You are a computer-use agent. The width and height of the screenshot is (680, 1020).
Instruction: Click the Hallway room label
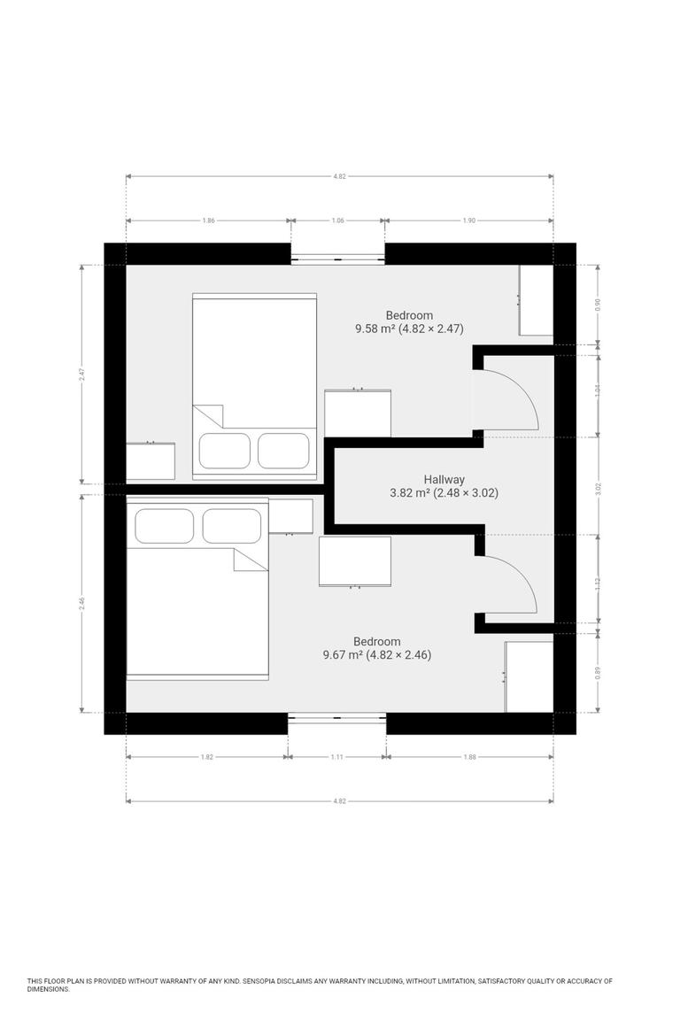tap(444, 479)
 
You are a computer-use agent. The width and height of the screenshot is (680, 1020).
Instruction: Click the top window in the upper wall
tap(337, 259)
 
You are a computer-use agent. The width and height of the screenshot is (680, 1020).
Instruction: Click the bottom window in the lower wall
tap(337, 717)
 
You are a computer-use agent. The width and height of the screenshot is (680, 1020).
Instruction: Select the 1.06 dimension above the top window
tap(337, 220)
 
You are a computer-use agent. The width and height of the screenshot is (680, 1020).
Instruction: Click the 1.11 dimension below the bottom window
tap(337, 757)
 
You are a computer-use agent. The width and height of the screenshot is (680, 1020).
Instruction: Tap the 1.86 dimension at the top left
tap(208, 220)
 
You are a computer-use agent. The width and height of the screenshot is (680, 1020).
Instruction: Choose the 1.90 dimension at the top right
tap(469, 220)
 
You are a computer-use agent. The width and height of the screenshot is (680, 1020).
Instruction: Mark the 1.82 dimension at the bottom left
tap(206, 757)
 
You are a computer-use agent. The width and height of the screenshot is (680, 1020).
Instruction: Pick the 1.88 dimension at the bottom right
tap(469, 757)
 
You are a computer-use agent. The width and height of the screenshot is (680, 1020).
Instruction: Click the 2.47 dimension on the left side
tap(82, 375)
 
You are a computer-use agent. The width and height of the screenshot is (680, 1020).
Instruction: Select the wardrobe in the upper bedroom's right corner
tap(536, 300)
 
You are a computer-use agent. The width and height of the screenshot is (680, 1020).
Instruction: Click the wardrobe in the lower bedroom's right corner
tap(529, 676)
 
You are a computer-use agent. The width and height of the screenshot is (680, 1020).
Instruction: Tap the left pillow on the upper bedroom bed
tap(224, 450)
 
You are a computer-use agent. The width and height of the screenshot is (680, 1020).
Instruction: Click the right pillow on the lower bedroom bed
tap(232, 525)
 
